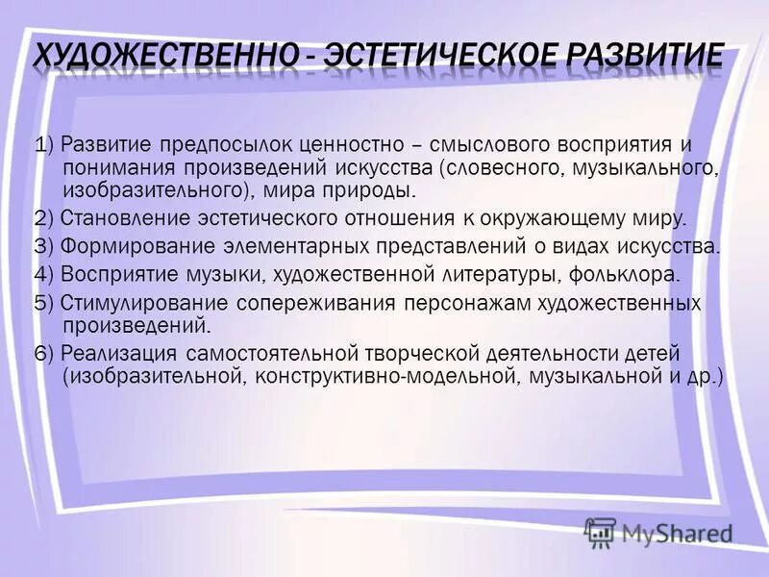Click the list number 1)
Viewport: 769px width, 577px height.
tap(42, 146)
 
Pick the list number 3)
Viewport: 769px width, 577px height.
tap(42, 246)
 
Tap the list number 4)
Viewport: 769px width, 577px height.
tap(42, 275)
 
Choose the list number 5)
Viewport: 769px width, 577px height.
tap(42, 304)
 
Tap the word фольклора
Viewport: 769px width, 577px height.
tap(628, 275)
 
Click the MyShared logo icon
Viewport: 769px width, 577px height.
tap(600, 532)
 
